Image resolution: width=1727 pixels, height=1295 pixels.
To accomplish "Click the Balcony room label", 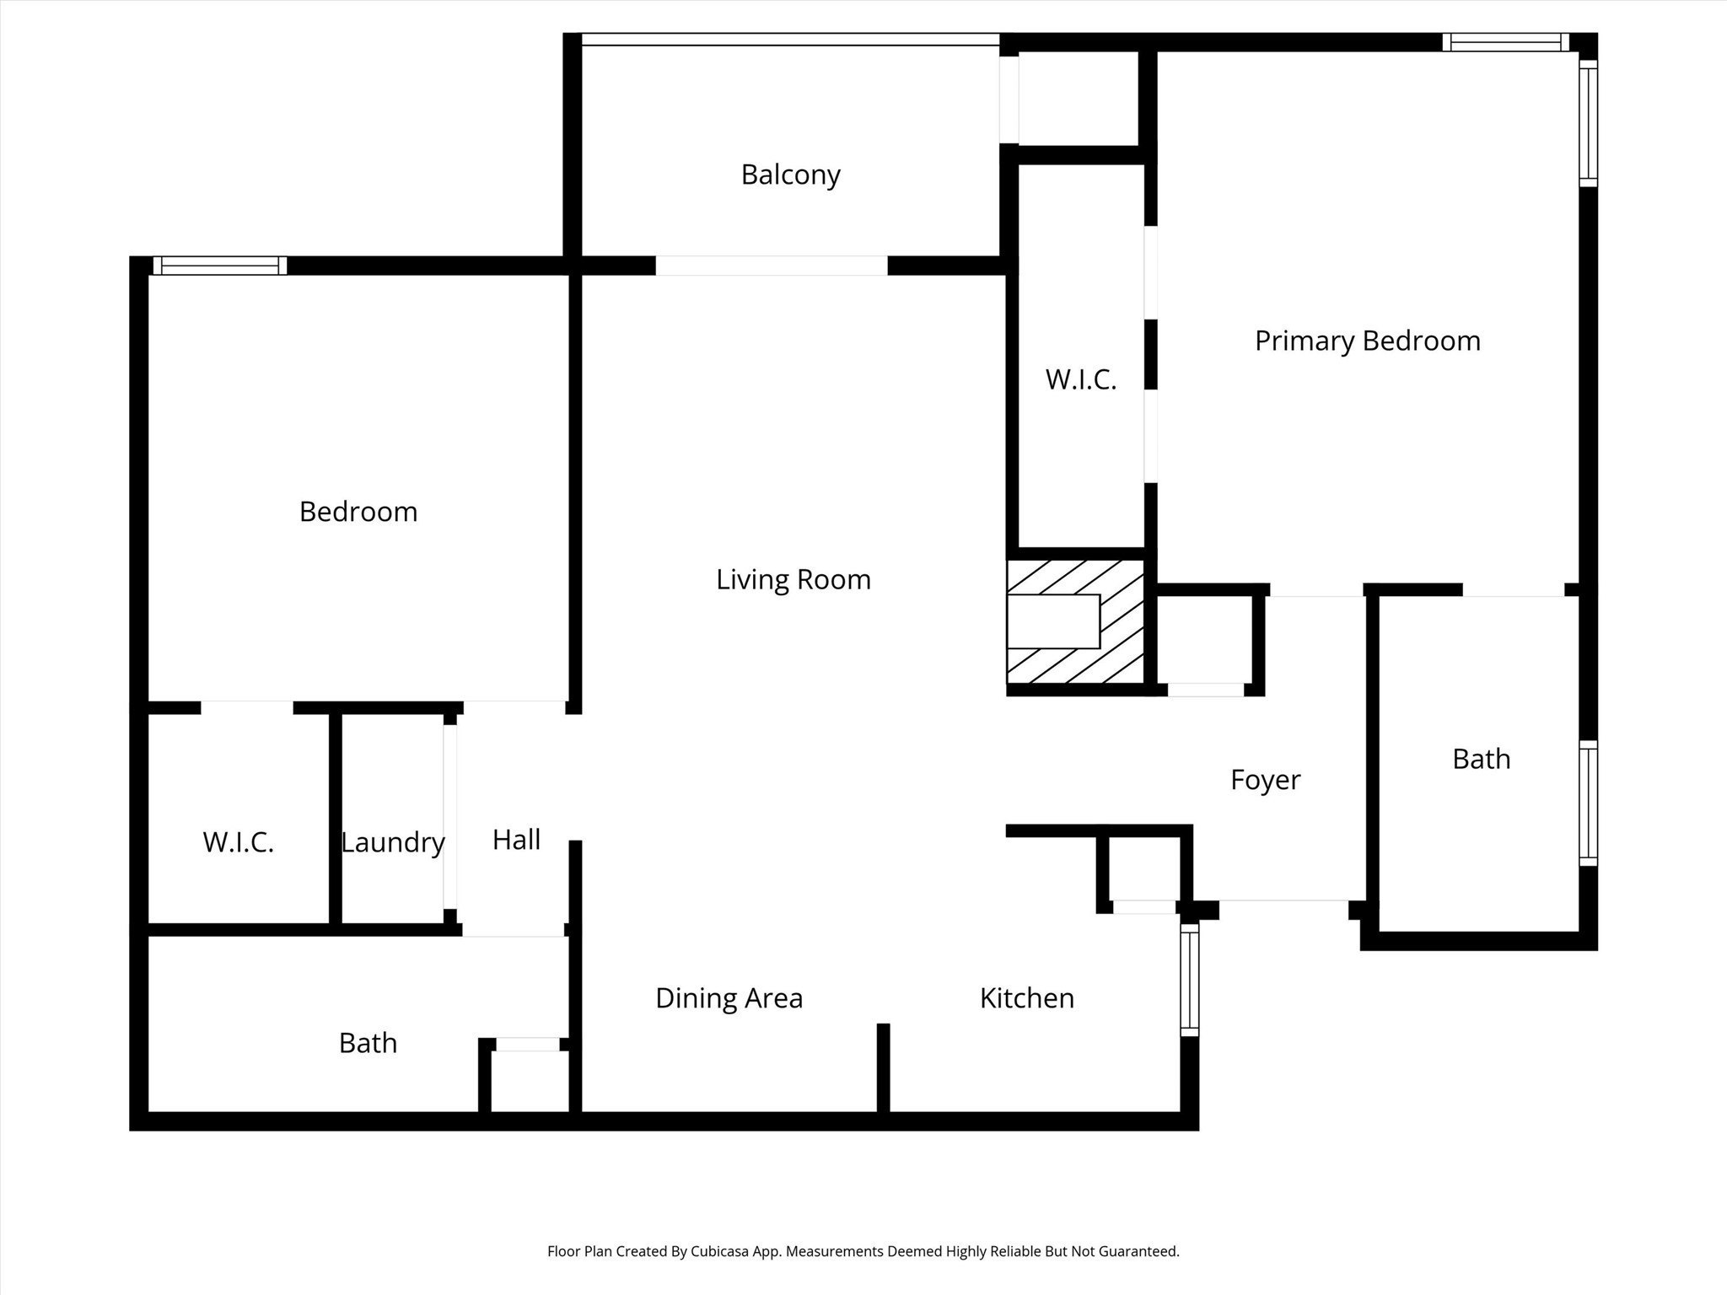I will (790, 175).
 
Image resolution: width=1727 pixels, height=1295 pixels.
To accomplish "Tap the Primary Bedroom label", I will (1367, 341).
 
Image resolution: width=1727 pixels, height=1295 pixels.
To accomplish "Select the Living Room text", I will (793, 579).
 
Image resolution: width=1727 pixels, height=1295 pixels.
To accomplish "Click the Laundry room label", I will (392, 842).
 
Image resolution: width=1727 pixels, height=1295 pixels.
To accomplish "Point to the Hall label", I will (516, 839).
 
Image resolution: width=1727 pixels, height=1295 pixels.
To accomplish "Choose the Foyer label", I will (1265, 779).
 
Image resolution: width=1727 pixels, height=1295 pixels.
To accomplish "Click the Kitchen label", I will (1026, 998).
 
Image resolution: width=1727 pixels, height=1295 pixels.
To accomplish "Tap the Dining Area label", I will (729, 998).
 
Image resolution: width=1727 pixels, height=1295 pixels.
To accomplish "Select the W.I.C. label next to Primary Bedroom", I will (1080, 380).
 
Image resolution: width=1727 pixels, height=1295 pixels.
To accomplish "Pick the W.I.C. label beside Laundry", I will (238, 842).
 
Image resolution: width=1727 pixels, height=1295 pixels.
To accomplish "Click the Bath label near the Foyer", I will (1481, 759).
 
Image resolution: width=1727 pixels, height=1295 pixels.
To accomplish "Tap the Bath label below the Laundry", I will (368, 1043).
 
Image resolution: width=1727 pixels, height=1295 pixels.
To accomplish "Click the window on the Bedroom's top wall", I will (219, 266).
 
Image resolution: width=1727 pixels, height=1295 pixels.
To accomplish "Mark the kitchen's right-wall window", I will (1189, 979).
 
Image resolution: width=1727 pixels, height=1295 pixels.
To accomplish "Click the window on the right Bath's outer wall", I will (1588, 803).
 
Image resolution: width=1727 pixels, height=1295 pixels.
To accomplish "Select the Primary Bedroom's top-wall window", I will (1505, 42).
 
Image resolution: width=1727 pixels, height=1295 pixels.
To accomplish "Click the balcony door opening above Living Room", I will (771, 266).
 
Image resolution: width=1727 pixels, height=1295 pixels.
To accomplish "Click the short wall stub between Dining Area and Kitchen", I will (883, 1067).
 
